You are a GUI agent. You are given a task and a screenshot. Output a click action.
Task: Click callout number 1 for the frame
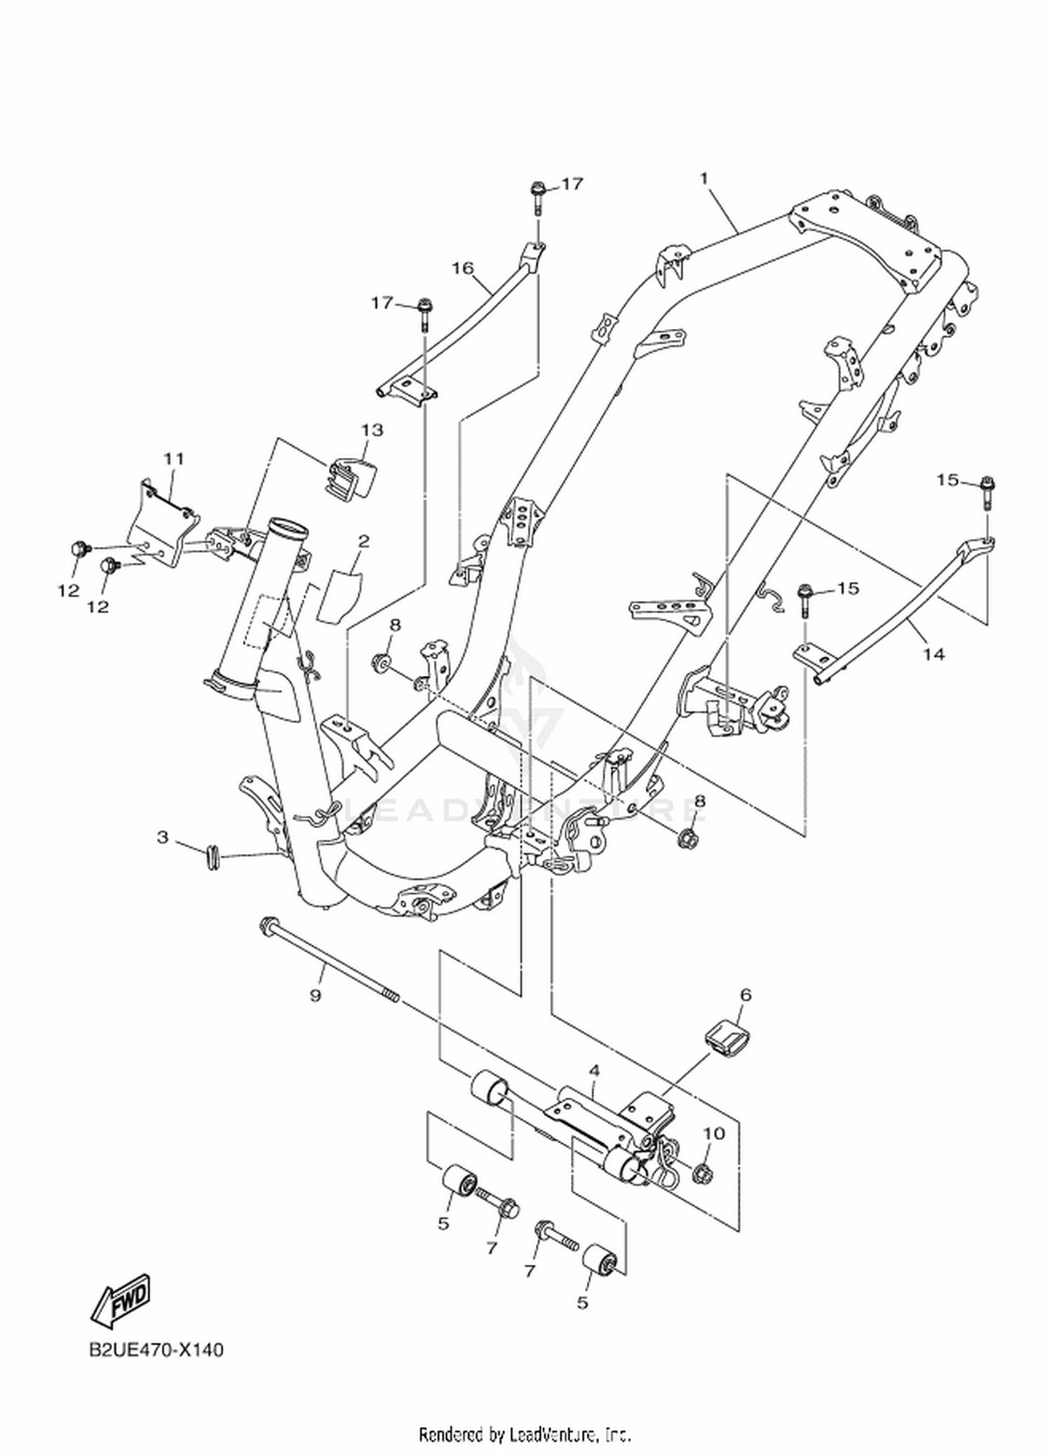(x=704, y=179)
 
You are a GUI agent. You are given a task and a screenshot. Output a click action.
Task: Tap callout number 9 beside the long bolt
(x=315, y=995)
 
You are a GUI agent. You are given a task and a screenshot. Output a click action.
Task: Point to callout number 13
(x=372, y=429)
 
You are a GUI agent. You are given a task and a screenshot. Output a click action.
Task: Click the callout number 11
(x=174, y=459)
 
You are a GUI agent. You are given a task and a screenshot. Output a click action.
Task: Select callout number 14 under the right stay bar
(x=933, y=654)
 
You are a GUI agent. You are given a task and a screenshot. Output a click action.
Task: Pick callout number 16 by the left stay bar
(x=462, y=268)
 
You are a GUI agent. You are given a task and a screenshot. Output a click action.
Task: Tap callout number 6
(x=746, y=994)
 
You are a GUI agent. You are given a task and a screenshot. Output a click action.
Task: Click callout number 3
(x=163, y=837)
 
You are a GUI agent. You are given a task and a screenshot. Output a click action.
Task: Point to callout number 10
(x=714, y=1133)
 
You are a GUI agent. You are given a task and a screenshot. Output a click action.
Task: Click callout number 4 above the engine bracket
(x=595, y=1071)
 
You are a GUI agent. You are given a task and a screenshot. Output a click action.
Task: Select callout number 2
(x=363, y=541)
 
